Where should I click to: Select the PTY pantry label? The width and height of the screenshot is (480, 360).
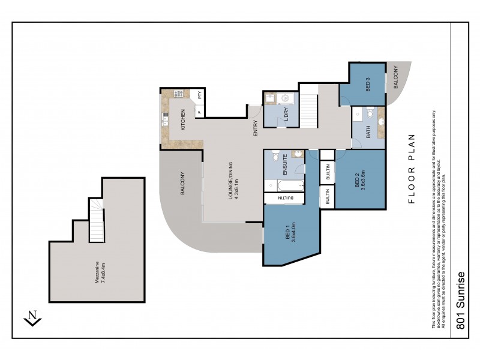tap(200, 94)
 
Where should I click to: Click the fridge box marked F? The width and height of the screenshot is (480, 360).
tap(199, 110)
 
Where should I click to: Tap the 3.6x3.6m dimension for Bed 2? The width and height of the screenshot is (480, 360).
tap(363, 179)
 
